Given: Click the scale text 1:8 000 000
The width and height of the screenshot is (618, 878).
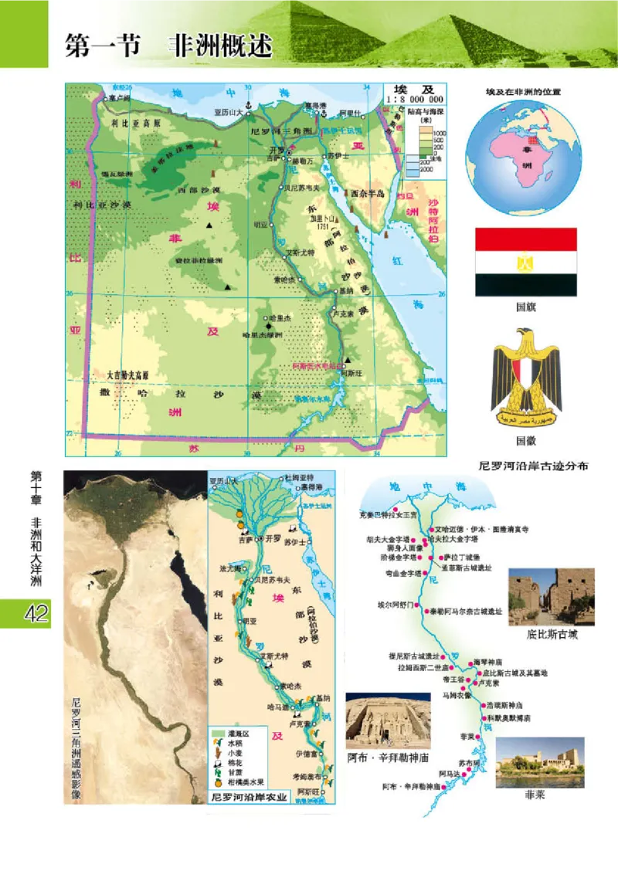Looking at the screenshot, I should (415, 99).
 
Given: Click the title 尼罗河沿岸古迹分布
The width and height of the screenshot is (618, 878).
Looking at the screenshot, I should (534, 466).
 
